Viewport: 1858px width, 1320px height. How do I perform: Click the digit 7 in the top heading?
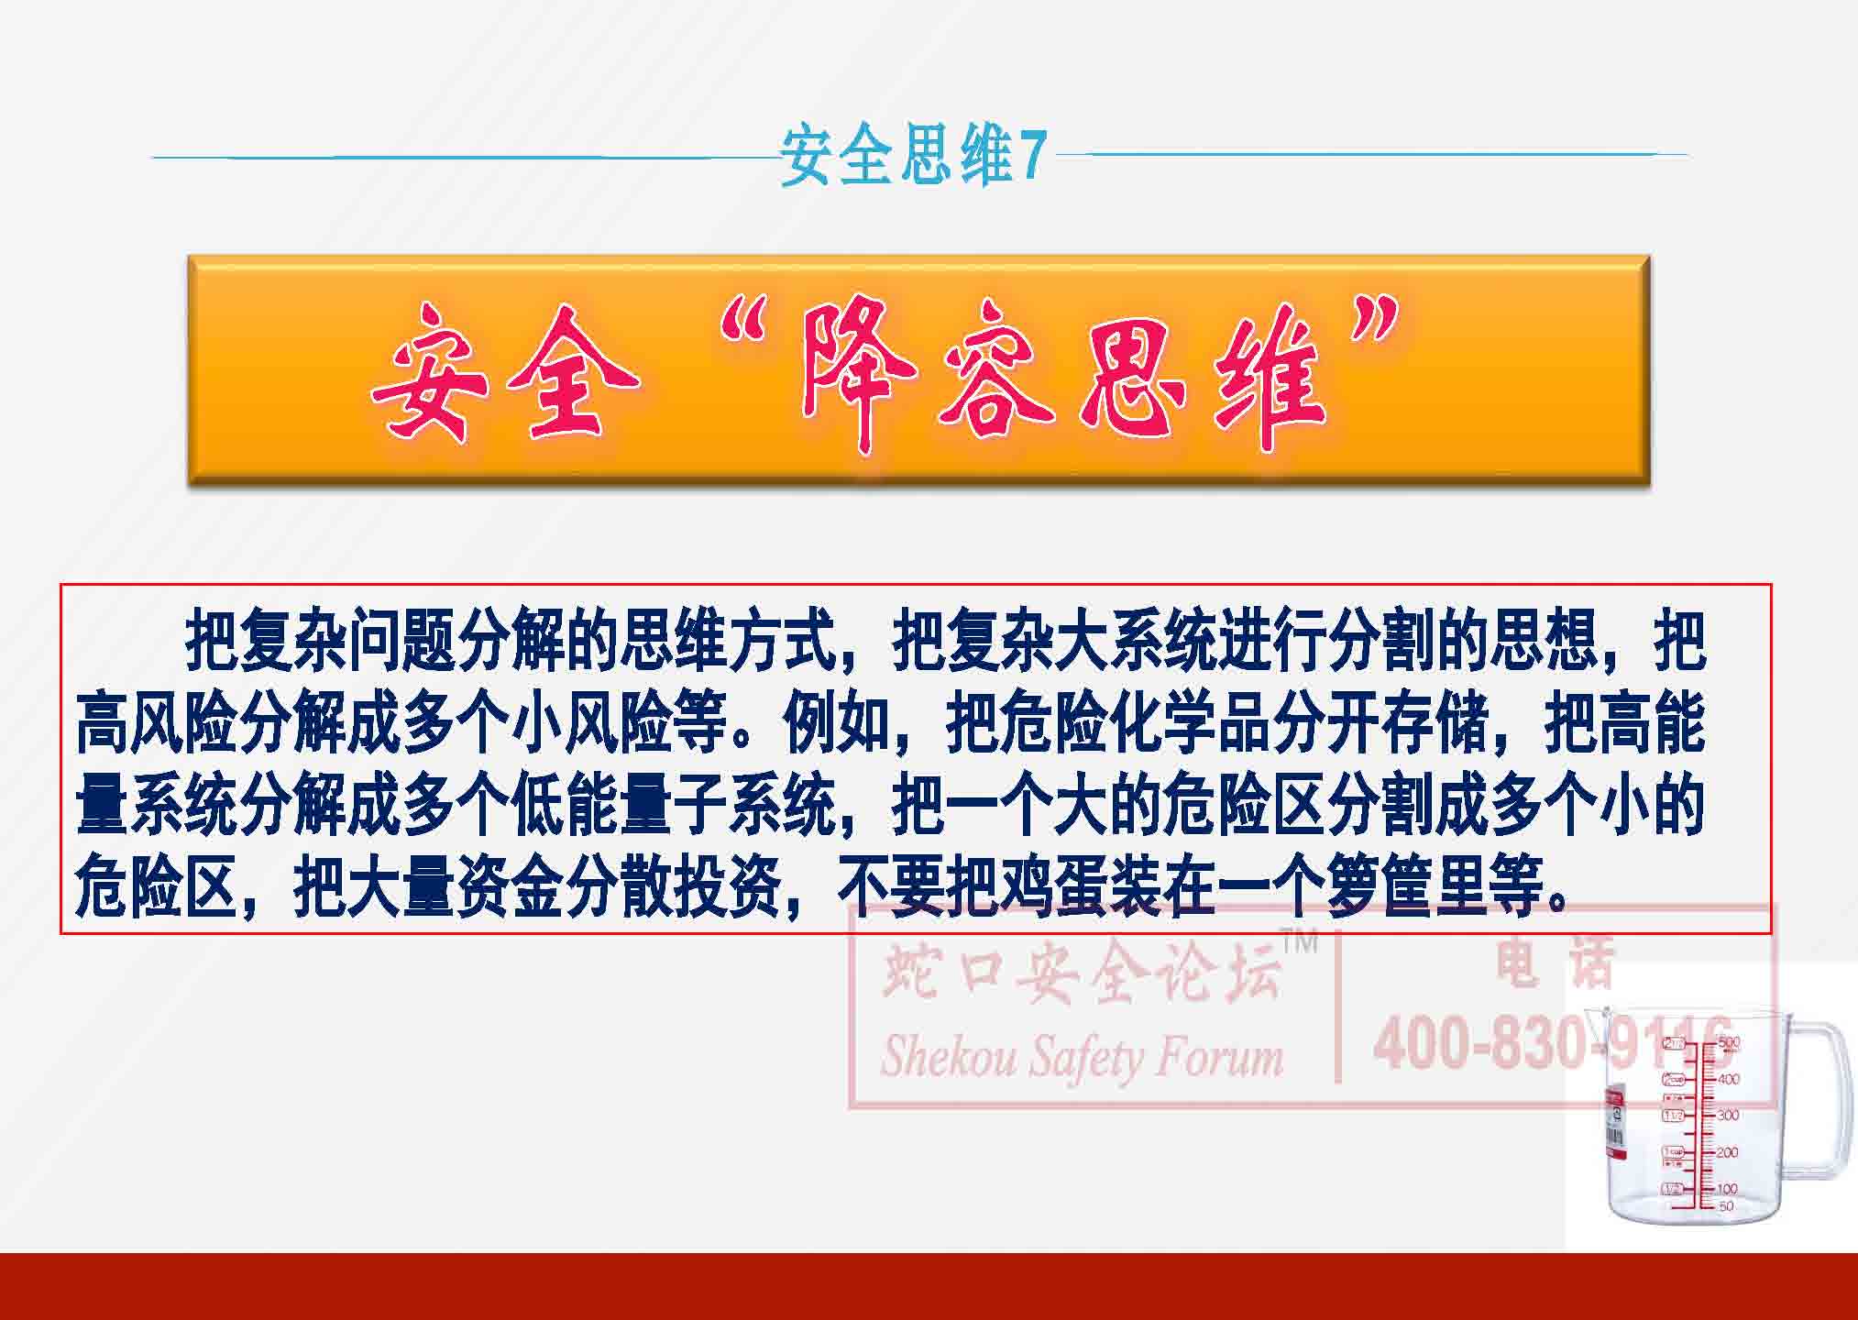1032,157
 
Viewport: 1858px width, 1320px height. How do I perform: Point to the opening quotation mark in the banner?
746,335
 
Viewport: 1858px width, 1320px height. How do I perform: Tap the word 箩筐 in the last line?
1376,885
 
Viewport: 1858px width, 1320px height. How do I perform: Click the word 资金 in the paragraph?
507,885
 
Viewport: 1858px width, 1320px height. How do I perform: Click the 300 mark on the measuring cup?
1728,1116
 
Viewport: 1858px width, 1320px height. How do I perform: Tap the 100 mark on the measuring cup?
1728,1189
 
